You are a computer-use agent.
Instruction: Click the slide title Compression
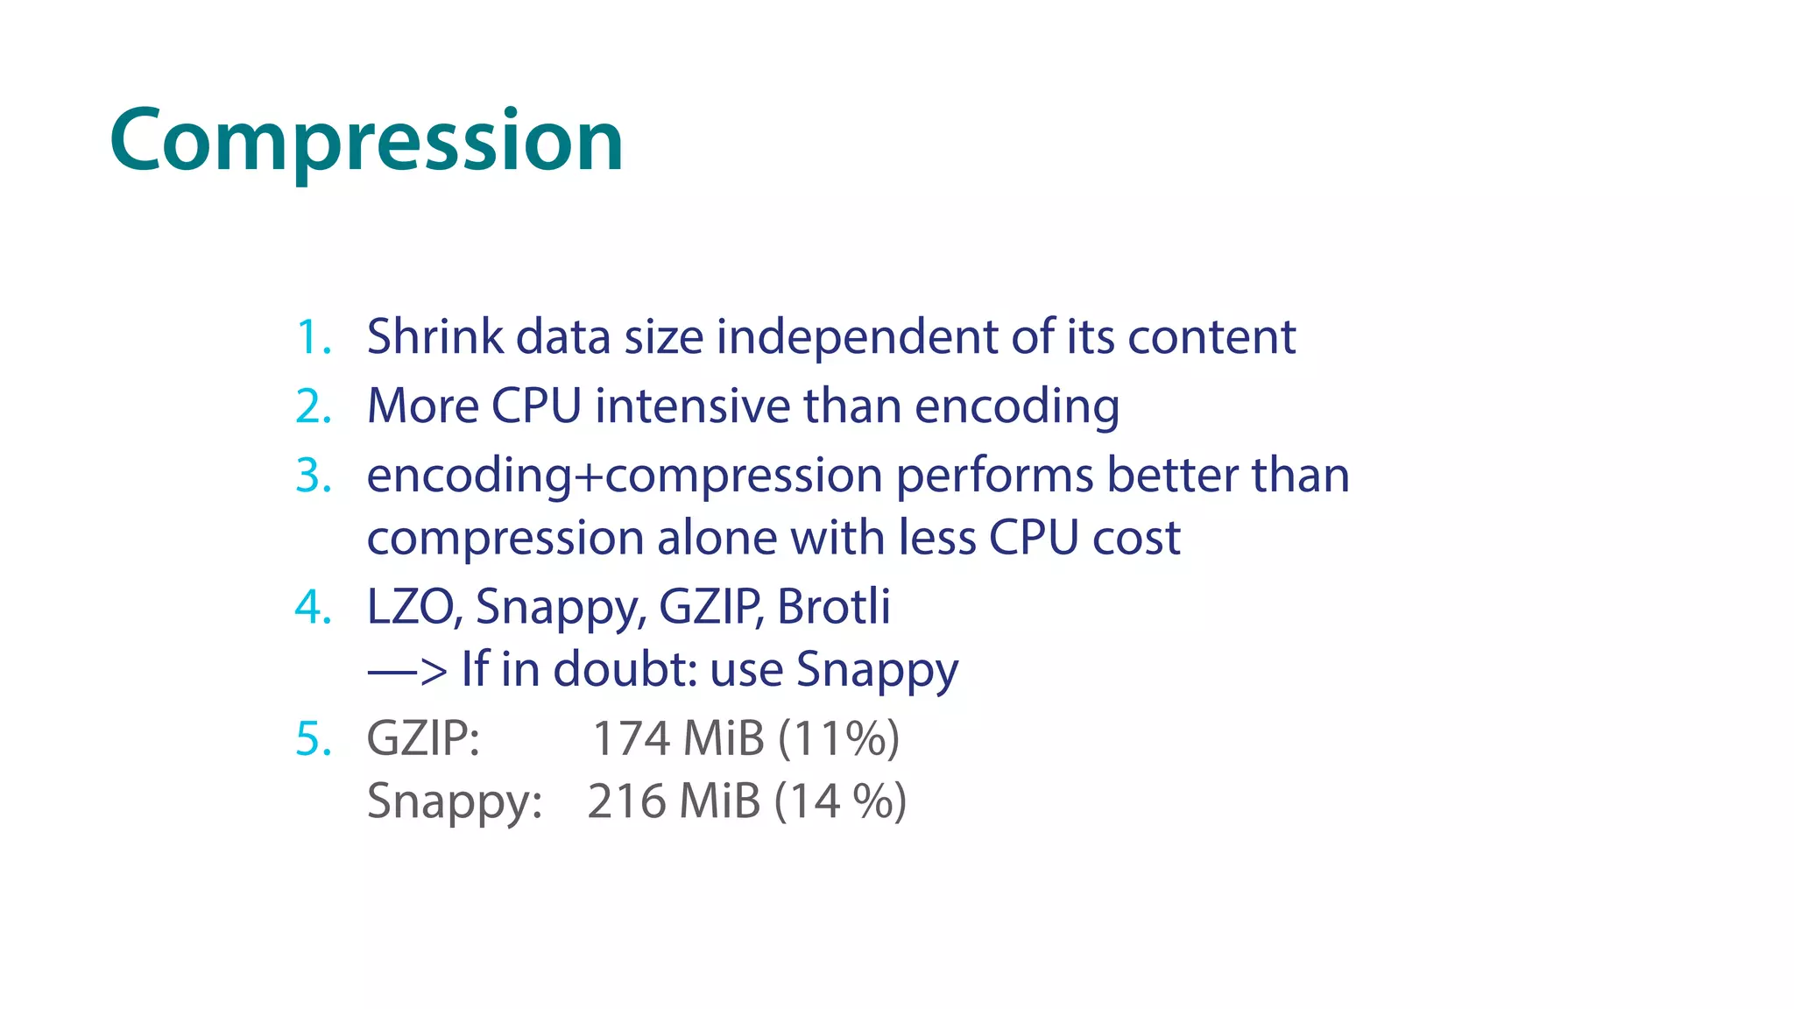[x=366, y=140]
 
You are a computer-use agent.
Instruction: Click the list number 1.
[x=313, y=337]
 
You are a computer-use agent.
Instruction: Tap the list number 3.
[x=313, y=476]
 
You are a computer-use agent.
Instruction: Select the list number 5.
[x=313, y=738]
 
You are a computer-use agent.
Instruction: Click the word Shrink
[x=434, y=336]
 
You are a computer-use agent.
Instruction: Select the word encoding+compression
[x=624, y=476]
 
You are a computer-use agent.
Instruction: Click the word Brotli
[x=833, y=606]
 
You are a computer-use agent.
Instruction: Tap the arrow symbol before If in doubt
[x=406, y=671]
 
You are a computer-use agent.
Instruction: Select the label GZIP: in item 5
[x=423, y=738]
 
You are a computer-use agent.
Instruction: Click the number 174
[x=631, y=738]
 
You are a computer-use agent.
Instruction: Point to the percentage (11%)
[x=837, y=738]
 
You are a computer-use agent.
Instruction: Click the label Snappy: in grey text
[x=454, y=801]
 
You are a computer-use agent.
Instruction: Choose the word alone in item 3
[x=717, y=538]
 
